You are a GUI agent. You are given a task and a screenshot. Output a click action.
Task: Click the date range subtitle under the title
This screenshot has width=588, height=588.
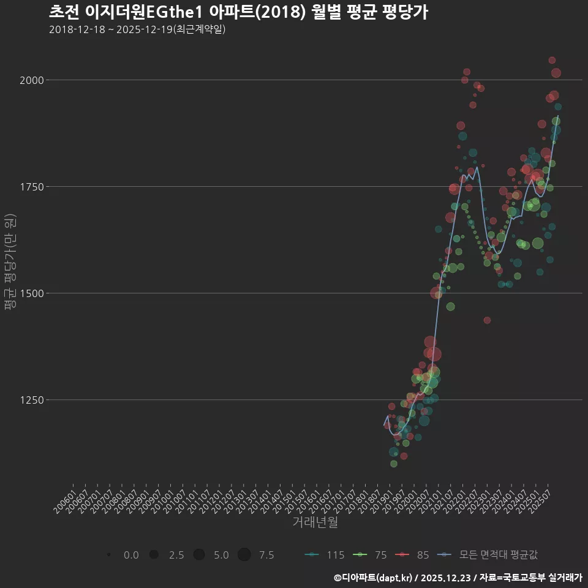click(x=137, y=29)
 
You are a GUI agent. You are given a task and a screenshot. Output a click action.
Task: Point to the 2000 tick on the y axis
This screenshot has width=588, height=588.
click(x=31, y=80)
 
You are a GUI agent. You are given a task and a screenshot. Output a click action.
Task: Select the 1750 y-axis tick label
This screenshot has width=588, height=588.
click(x=31, y=187)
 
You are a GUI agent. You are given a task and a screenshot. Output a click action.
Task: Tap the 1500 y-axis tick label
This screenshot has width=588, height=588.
click(x=31, y=293)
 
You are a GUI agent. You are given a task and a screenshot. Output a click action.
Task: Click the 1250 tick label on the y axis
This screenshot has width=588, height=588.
click(x=31, y=400)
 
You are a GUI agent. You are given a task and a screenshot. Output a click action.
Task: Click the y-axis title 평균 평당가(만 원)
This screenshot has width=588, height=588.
click(x=10, y=263)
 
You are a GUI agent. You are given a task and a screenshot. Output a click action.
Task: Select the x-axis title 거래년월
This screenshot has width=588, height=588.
click(x=315, y=522)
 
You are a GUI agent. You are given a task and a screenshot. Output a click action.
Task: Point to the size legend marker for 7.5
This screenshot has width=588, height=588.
click(x=244, y=555)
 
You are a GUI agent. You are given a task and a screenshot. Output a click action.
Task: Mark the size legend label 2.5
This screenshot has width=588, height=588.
click(x=176, y=555)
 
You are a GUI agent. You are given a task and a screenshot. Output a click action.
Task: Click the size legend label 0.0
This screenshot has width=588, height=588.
click(x=131, y=555)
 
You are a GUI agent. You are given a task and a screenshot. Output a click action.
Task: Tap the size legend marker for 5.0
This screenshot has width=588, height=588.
click(x=199, y=555)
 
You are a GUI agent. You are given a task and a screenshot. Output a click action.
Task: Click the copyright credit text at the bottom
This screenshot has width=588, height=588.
click(x=458, y=577)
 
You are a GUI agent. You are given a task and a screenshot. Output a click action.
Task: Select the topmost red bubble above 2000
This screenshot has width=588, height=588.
click(x=552, y=60)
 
